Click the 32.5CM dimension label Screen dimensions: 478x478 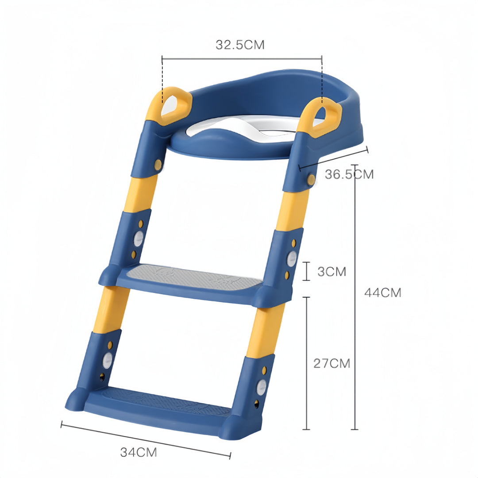point(240,45)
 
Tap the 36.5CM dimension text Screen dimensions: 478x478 point(349,174)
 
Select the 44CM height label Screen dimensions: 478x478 point(383,293)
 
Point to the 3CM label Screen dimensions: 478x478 point(332,271)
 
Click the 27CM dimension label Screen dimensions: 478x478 point(332,363)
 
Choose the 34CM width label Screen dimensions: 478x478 point(139,452)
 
